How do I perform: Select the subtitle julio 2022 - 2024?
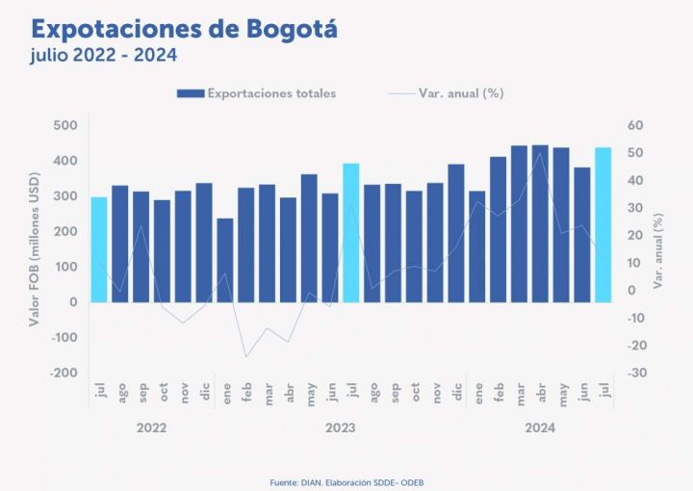(103, 55)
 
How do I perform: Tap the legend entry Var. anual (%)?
(461, 93)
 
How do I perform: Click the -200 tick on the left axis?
(64, 373)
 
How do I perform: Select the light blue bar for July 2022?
(99, 249)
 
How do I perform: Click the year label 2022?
(152, 426)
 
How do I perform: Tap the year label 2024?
(539, 426)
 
